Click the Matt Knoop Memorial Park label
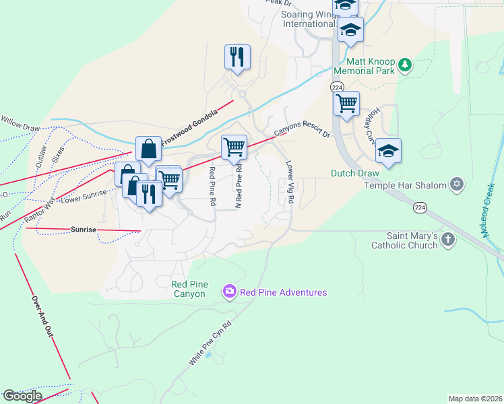pos(363,65)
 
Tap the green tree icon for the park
pos(404,65)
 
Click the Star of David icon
pos(457,184)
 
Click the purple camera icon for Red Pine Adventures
pos(230,292)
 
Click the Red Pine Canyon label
pos(189,289)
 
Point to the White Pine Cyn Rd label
pos(210,343)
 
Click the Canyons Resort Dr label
pos(302,125)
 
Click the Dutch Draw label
pos(355,173)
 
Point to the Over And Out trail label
pos(42,318)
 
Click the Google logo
pos(22,396)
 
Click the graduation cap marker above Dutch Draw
pos(388,151)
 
